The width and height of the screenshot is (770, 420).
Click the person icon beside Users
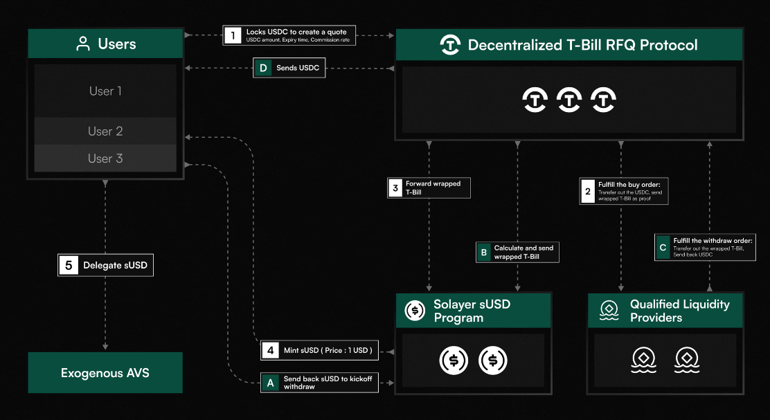click(83, 44)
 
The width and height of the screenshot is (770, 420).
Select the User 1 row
click(105, 91)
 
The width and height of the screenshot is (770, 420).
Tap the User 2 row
click(105, 131)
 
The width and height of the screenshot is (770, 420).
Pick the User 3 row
click(105, 158)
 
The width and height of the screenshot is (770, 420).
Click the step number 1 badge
click(233, 35)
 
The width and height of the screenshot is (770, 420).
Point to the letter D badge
click(263, 68)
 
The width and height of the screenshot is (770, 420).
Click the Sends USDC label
click(298, 68)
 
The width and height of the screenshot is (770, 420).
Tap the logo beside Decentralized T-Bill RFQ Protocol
click(450, 45)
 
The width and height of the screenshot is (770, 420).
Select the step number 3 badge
click(395, 188)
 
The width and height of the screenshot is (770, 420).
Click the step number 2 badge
click(588, 192)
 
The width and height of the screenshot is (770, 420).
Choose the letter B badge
click(484, 252)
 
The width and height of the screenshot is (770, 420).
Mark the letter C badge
click(663, 247)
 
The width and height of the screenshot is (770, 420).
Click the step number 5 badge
click(69, 266)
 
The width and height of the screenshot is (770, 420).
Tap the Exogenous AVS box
click(105, 372)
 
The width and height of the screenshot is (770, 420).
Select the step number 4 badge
click(271, 350)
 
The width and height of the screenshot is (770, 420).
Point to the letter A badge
click(271, 383)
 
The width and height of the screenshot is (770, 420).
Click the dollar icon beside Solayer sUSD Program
click(415, 310)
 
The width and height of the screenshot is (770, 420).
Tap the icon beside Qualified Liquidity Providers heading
click(609, 310)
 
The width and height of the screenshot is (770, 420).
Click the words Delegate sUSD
click(116, 266)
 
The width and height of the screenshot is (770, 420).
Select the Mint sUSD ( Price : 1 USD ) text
click(328, 350)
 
